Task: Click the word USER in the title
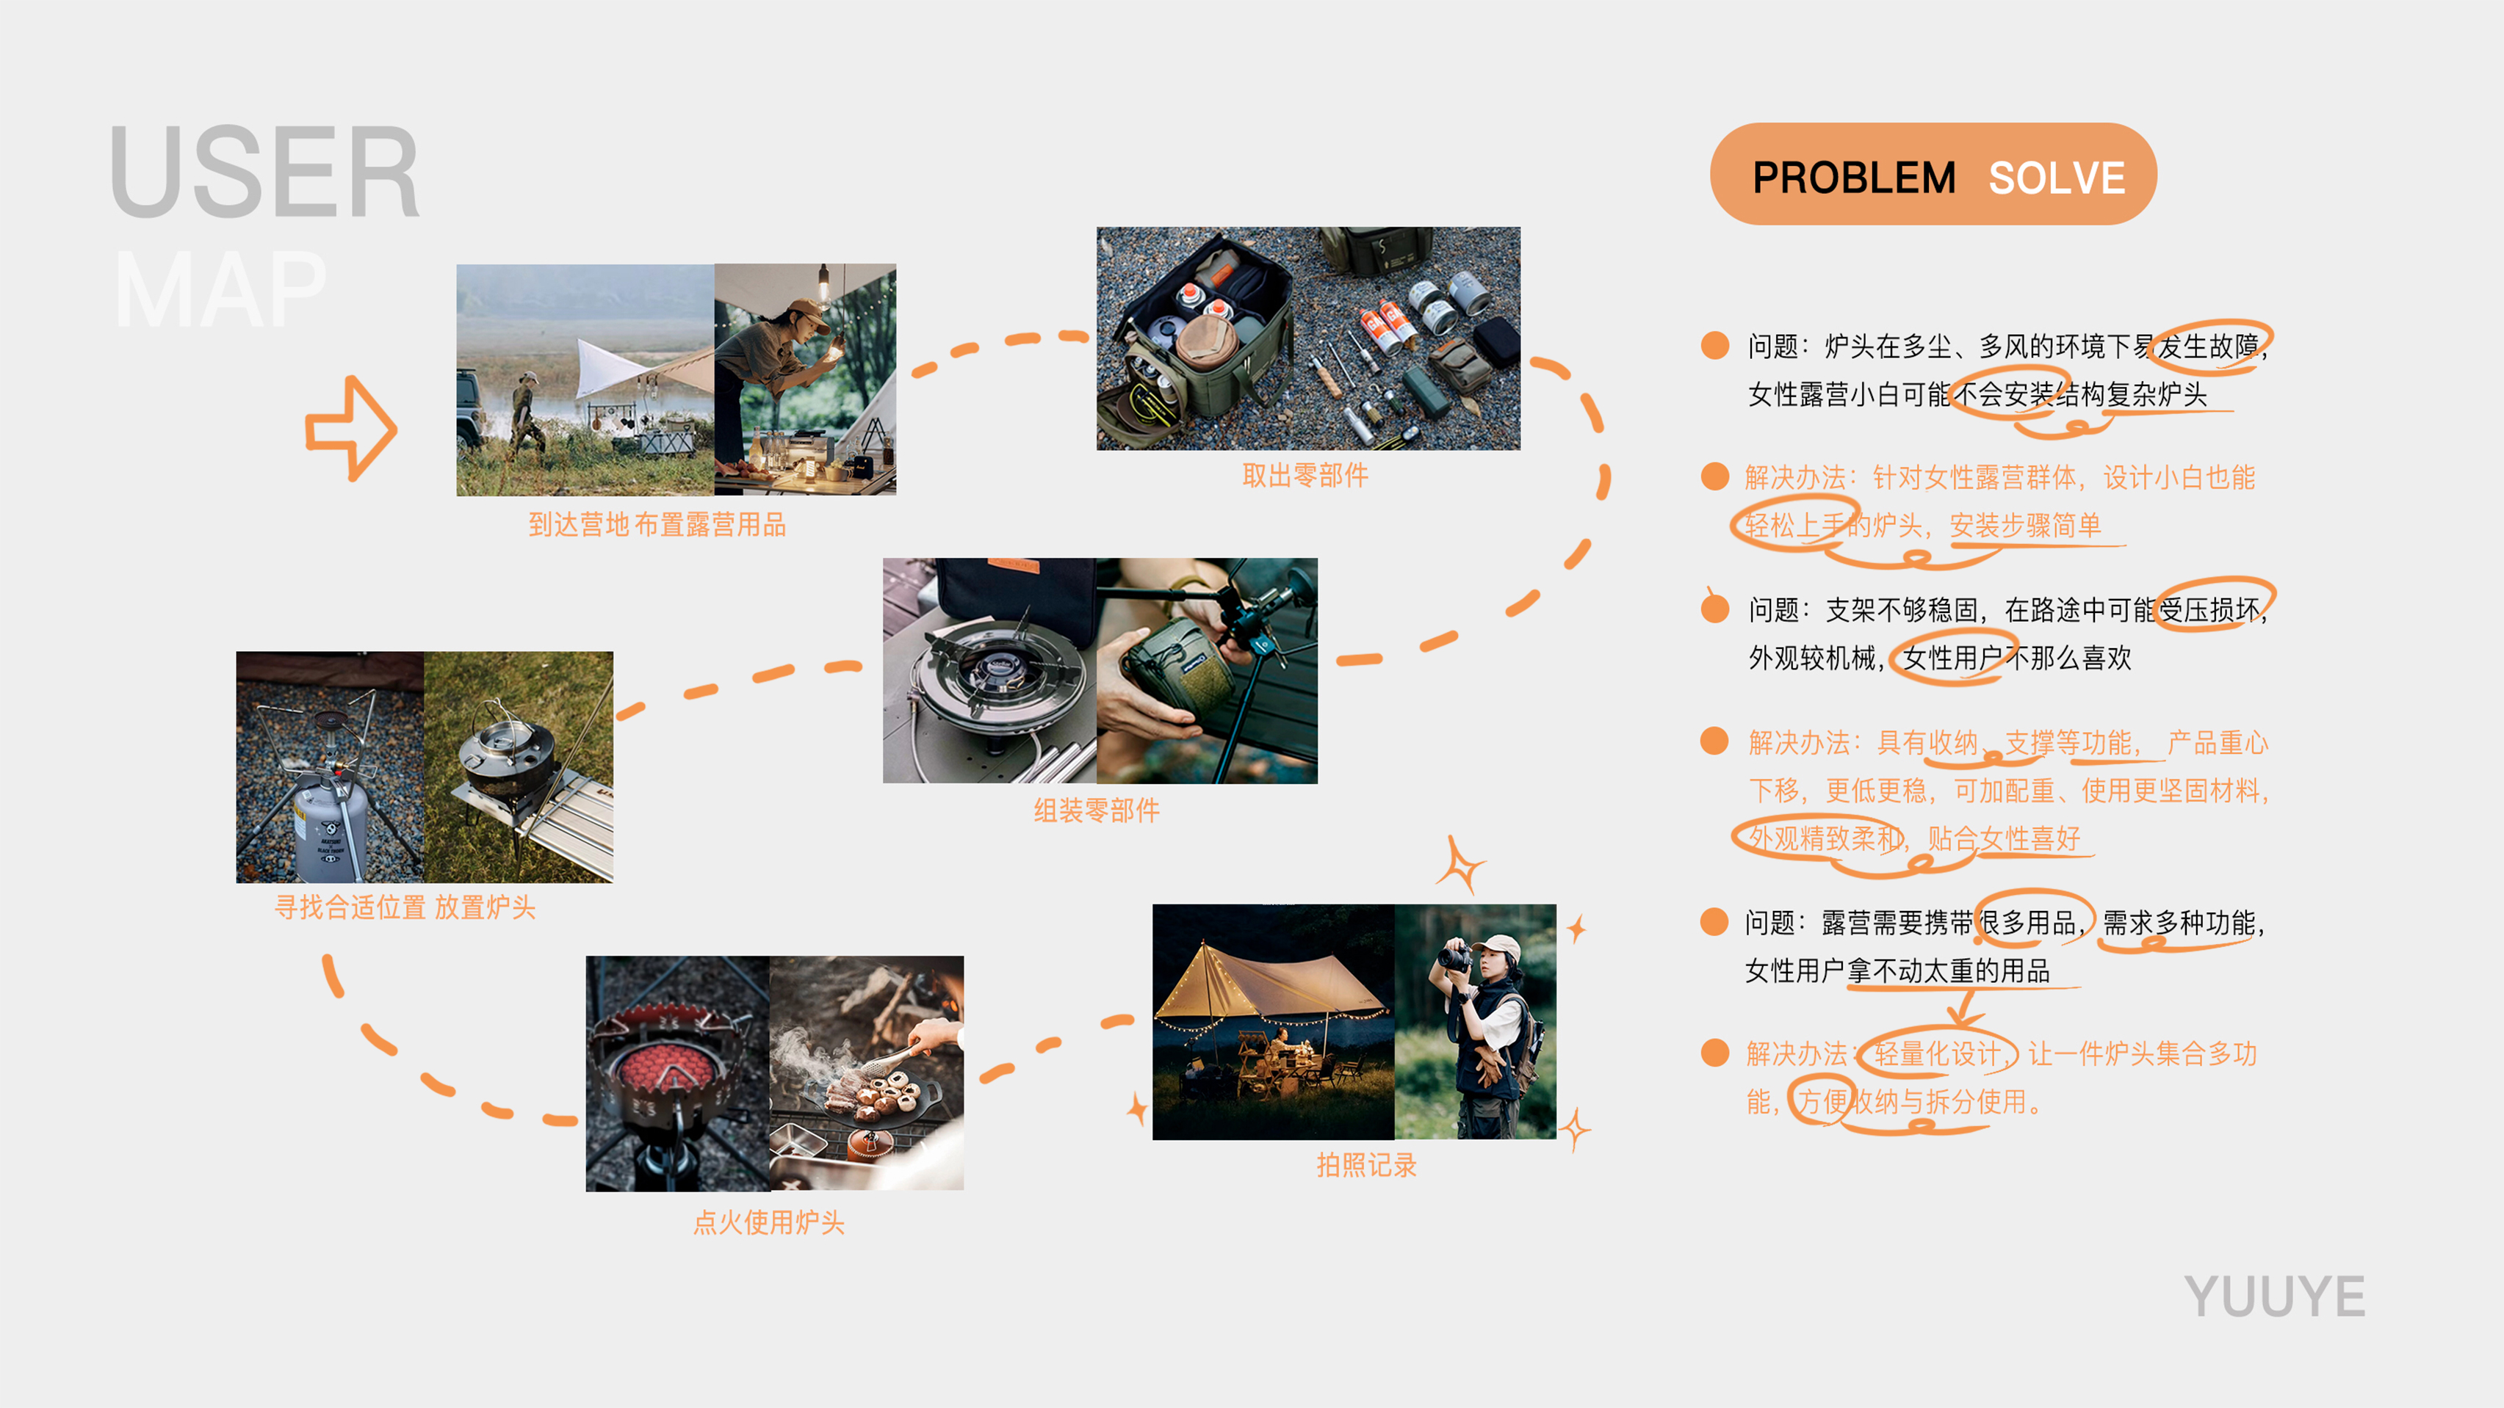pyautogui.click(x=264, y=172)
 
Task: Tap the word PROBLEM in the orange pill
pyautogui.click(x=1852, y=178)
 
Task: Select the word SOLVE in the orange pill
pyautogui.click(x=2056, y=178)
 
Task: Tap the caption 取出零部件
pyautogui.click(x=1305, y=475)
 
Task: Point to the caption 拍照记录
pyautogui.click(x=1365, y=1164)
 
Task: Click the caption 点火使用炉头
pyautogui.click(x=768, y=1222)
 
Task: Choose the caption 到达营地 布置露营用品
pyautogui.click(x=657, y=525)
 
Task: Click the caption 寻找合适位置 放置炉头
pyautogui.click(x=405, y=907)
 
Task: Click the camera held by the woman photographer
pyautogui.click(x=1454, y=957)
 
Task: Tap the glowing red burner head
pyautogui.click(x=666, y=1069)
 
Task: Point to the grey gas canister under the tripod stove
pyautogui.click(x=331, y=826)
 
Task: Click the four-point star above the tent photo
pyautogui.click(x=1460, y=863)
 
